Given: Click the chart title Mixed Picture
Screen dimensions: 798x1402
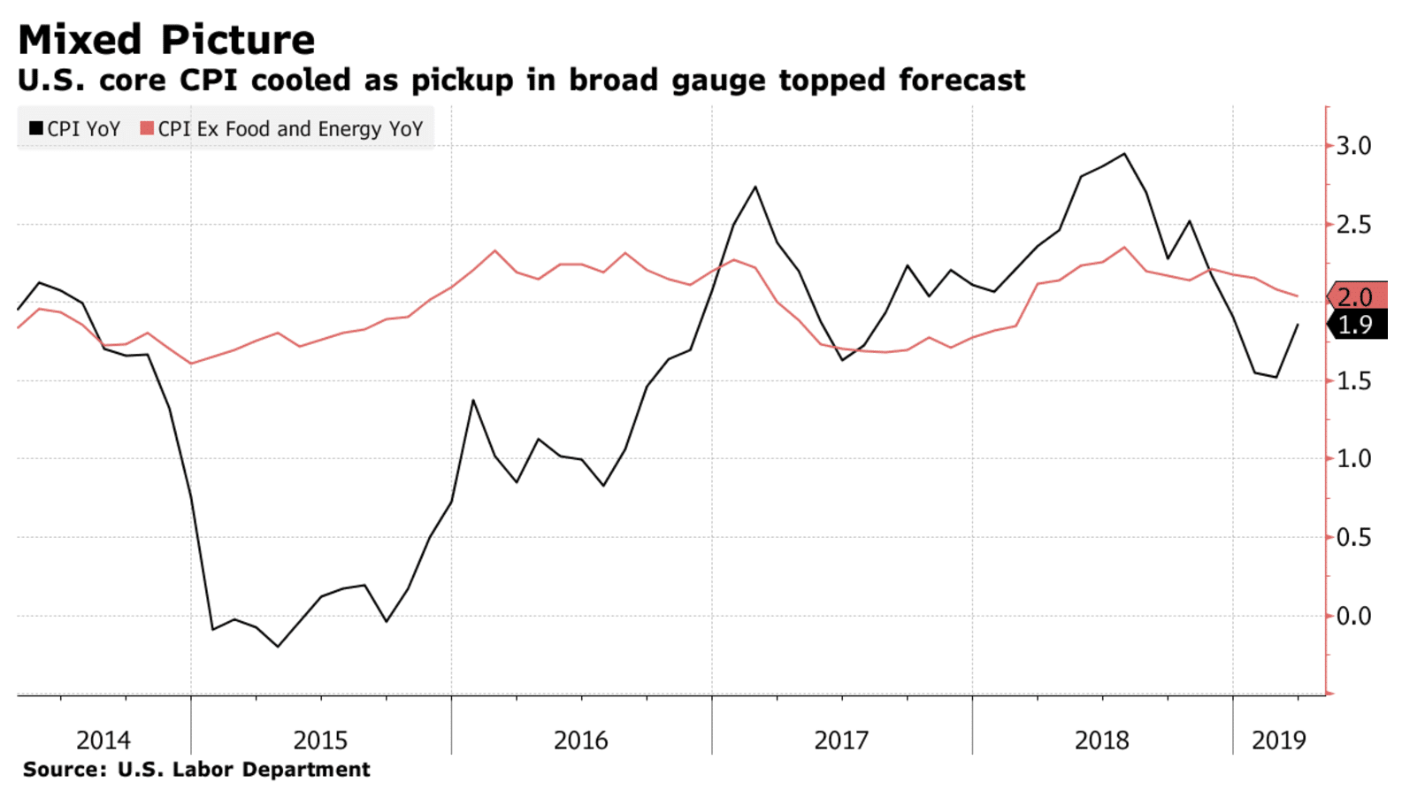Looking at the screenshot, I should (166, 40).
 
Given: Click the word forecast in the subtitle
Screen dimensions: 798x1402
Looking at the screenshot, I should (961, 81).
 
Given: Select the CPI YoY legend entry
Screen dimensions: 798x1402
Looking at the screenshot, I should (74, 129).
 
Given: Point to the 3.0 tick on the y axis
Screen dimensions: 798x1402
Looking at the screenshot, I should (1352, 146).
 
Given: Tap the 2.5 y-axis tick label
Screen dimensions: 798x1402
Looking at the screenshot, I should (1352, 225).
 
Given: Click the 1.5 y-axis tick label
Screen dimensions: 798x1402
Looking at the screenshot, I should (1352, 381).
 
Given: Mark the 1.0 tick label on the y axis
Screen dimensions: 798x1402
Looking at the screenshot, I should (1352, 459).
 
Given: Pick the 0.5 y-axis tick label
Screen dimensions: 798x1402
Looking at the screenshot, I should (1352, 538).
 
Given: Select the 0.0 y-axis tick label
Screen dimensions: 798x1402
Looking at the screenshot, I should (1352, 616).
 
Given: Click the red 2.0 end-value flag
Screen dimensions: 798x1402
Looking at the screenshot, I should (1357, 296).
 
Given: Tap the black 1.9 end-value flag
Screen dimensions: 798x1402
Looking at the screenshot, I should (1357, 325).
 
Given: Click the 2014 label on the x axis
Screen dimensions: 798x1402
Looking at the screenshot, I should (103, 740).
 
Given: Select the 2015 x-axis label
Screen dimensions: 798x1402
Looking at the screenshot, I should (320, 740).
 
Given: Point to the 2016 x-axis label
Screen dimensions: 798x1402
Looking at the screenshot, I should (581, 740).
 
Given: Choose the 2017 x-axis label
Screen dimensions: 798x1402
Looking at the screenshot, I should (841, 740).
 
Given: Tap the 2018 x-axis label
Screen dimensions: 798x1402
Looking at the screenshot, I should (1102, 740).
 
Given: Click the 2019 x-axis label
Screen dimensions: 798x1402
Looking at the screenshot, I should (1279, 740).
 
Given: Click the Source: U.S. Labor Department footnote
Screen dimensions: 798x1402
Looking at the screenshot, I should (196, 770).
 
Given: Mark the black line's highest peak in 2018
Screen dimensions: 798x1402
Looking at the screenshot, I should (1124, 154).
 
